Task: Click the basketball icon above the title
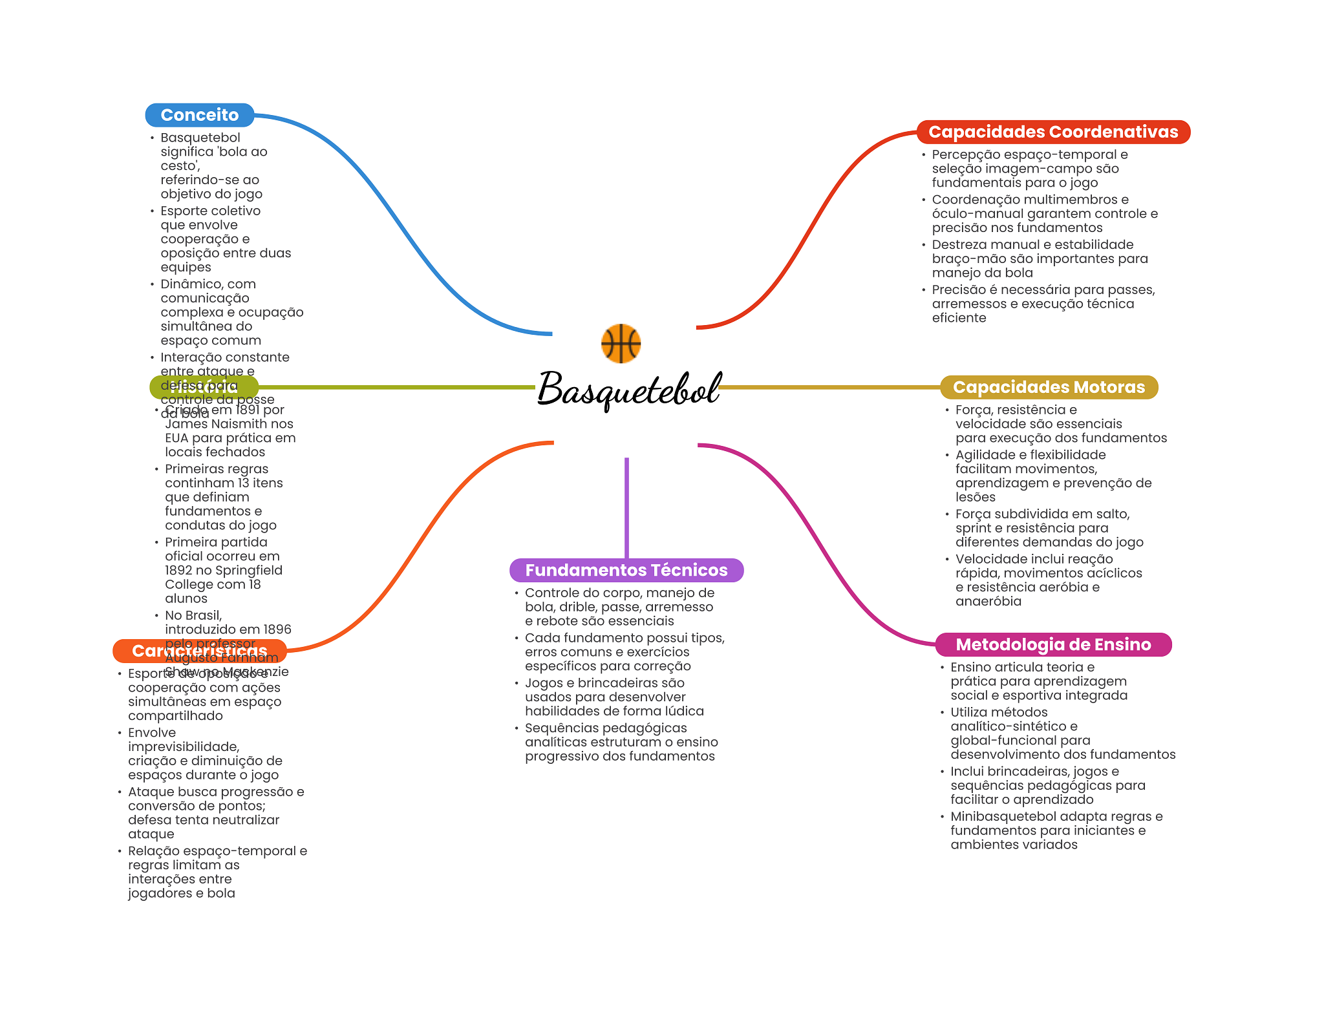coord(621,343)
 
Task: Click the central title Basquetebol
coord(629,389)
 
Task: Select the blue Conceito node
coord(199,115)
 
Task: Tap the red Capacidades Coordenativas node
coord(1053,132)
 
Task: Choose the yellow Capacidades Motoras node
coord(1049,387)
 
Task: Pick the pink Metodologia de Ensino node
coord(1053,644)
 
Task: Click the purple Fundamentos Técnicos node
coord(626,570)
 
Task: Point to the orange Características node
coord(199,651)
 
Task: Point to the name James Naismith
coord(229,424)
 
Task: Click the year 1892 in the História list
coord(178,570)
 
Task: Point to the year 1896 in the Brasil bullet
coord(277,629)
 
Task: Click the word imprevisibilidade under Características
coord(183,747)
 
